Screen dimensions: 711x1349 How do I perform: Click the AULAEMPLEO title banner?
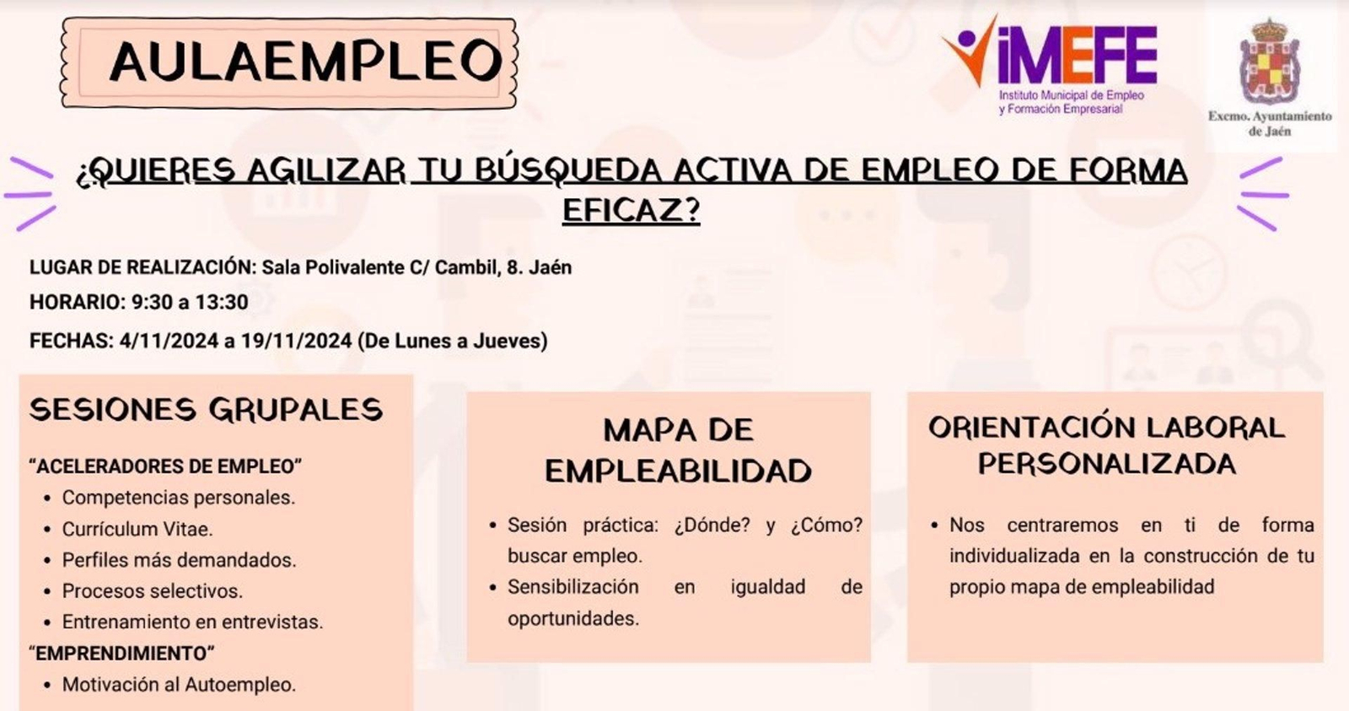(x=288, y=62)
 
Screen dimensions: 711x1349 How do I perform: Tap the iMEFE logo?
(x=1051, y=63)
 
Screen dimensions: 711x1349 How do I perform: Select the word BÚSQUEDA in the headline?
(x=568, y=171)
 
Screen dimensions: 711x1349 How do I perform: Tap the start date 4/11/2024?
(x=169, y=341)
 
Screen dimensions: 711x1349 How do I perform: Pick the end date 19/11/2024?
(x=296, y=341)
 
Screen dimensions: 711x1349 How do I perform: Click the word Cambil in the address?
(x=465, y=267)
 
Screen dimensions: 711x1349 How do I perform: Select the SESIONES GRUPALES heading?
(x=206, y=410)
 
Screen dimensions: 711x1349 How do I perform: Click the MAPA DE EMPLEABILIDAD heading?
(x=678, y=450)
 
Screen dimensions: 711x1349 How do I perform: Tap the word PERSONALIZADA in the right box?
(x=1106, y=464)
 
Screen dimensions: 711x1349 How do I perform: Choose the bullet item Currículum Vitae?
(x=137, y=529)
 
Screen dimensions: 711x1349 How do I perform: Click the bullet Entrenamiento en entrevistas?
(x=192, y=622)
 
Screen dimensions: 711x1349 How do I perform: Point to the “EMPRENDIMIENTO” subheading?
(x=122, y=654)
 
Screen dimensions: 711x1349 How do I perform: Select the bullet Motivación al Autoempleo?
(x=179, y=685)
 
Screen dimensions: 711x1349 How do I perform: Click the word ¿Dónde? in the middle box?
(x=712, y=525)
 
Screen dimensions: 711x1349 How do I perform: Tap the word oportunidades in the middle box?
(x=573, y=618)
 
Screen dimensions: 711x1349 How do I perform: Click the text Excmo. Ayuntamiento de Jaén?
(x=1270, y=123)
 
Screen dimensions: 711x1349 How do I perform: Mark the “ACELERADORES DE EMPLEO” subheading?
(x=165, y=466)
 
